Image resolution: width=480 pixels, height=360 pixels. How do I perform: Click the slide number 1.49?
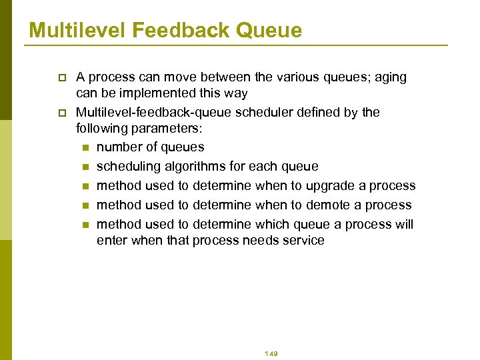[270, 354]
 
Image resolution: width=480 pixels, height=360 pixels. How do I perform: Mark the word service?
[301, 240]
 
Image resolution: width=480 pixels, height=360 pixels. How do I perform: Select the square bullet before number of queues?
[84, 147]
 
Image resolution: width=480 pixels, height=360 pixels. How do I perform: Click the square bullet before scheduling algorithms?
[84, 167]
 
